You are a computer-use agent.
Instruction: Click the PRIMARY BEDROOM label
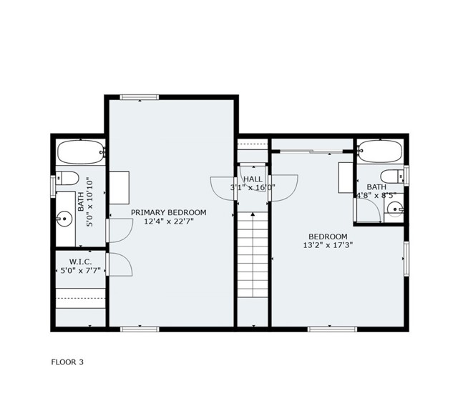168,212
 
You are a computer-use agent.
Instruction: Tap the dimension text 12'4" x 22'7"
168,222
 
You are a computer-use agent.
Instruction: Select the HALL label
253,179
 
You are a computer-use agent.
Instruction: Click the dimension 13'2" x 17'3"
328,245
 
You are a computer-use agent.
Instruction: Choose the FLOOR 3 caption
67,362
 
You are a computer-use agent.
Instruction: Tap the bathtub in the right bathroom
379,151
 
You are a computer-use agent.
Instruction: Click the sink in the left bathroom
66,215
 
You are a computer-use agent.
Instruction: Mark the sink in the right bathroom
395,209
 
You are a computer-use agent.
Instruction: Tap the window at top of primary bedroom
140,97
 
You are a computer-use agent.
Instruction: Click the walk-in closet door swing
120,264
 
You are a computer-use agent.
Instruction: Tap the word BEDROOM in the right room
328,237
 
